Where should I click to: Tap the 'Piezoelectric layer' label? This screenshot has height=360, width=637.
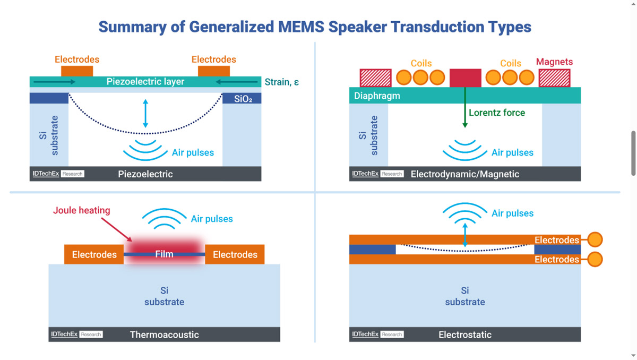[145, 82]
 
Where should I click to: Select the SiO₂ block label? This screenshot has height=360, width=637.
[242, 99]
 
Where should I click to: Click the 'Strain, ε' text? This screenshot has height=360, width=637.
[282, 82]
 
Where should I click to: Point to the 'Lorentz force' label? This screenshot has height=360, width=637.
[497, 113]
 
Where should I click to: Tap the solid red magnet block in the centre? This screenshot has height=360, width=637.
[465, 78]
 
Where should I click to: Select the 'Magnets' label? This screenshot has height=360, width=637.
[554, 62]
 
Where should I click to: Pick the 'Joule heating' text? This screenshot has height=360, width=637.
[82, 210]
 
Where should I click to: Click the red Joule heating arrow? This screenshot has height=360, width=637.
[117, 229]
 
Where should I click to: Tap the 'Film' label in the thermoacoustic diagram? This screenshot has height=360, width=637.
[164, 254]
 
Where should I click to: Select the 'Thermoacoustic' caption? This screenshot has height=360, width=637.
[164, 335]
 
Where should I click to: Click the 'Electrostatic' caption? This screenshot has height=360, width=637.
[465, 335]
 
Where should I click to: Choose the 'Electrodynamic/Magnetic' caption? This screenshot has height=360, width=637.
[465, 174]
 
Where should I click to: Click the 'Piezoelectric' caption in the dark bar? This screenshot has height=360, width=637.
[145, 174]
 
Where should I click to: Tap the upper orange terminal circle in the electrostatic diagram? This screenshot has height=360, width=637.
[595, 240]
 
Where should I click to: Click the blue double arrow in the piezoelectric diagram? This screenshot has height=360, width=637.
[145, 113]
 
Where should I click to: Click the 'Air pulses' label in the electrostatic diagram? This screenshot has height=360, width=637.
[512, 213]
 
